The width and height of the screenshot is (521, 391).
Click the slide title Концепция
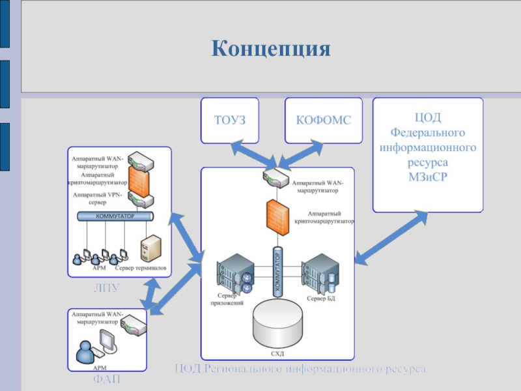271,49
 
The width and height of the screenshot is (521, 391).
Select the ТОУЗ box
229,121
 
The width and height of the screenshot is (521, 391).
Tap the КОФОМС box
324,121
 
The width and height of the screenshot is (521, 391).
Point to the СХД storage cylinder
277,323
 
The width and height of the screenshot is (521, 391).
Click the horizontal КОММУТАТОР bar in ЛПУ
115,216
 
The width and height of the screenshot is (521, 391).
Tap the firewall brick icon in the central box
276,216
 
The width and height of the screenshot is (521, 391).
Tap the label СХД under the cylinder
277,354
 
